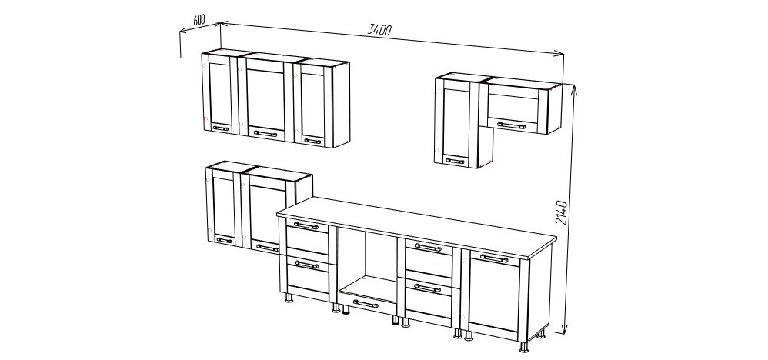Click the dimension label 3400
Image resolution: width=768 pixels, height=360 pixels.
(x=379, y=29)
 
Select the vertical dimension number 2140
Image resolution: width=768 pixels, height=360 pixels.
(x=561, y=212)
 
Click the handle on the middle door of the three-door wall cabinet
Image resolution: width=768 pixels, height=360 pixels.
(x=265, y=133)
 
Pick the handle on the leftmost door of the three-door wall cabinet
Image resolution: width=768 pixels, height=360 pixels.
(x=220, y=128)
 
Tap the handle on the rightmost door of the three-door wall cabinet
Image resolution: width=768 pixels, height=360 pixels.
(x=312, y=141)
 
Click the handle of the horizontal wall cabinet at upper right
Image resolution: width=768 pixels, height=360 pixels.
(x=511, y=125)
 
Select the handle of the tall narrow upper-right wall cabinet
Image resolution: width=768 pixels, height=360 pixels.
(x=455, y=161)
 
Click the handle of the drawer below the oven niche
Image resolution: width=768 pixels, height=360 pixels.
(x=366, y=304)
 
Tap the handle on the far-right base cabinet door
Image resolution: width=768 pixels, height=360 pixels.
(x=494, y=258)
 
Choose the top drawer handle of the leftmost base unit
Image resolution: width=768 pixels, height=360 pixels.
(x=306, y=226)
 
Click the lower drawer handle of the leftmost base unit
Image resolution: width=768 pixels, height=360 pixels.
(x=306, y=265)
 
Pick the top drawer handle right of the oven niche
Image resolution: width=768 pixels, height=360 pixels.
(x=428, y=247)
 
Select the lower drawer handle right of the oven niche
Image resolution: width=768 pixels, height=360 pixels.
(x=428, y=288)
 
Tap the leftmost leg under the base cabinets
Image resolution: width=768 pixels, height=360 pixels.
(x=289, y=297)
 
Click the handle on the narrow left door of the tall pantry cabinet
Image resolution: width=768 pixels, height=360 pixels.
(x=225, y=240)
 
